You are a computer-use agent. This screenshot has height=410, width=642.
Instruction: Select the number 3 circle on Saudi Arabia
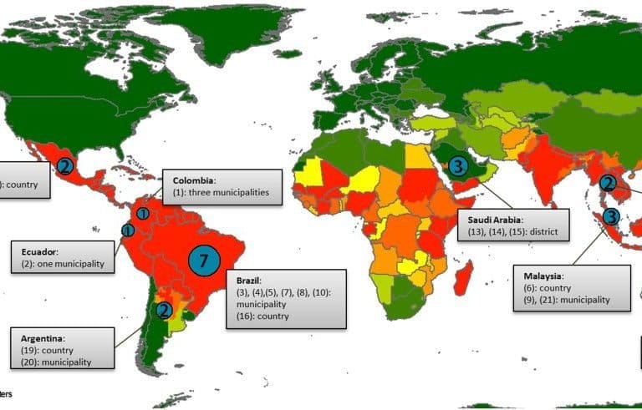(456, 166)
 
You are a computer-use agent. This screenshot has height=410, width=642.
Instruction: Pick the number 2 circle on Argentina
(165, 311)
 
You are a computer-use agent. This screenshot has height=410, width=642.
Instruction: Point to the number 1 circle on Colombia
(143, 214)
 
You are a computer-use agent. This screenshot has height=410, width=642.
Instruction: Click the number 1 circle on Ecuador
(127, 230)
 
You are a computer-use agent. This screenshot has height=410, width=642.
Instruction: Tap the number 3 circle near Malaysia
(611, 216)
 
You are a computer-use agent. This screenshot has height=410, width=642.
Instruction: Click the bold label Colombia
(195, 180)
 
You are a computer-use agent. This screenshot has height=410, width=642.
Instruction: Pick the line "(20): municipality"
(56, 362)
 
